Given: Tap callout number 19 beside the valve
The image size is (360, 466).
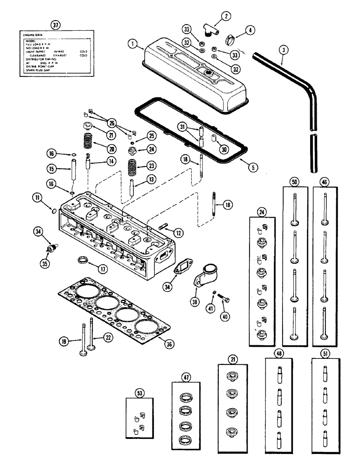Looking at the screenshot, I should click(x=63, y=341).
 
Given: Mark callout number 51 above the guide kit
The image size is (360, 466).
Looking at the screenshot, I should click(x=326, y=353).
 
